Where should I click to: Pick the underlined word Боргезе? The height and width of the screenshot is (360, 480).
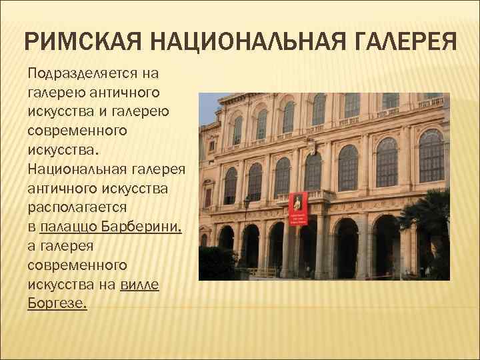click(57, 303)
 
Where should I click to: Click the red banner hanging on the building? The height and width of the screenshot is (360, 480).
click(298, 209)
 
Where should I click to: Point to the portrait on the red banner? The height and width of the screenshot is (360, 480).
click(298, 202)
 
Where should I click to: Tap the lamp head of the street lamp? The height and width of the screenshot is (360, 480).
click(246, 201)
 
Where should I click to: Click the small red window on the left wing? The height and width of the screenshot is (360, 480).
click(208, 197)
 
